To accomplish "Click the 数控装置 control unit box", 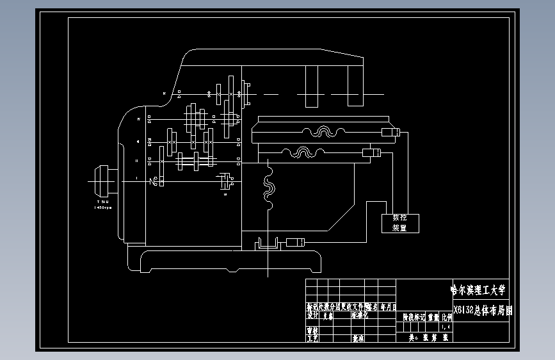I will pos(400,222).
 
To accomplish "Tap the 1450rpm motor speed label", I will pos(103,208).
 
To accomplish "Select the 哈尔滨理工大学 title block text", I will pos(478,290).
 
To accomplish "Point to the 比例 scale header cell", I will pos(446,316).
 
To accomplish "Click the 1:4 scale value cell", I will pos(446,327).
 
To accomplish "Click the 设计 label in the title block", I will pos(312,316).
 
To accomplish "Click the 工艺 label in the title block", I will pos(312,338).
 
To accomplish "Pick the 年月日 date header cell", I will pos(389,307).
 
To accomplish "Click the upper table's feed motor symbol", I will pos(390,133).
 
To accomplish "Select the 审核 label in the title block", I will pos(312,331).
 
